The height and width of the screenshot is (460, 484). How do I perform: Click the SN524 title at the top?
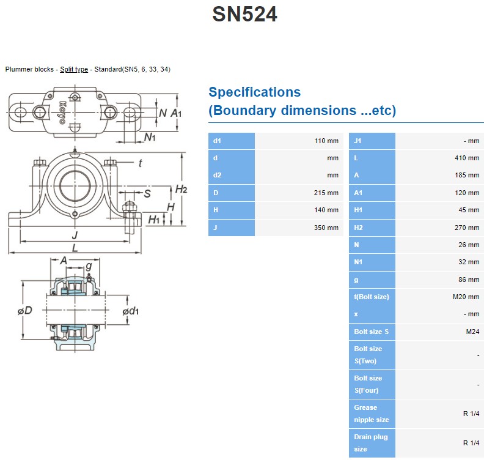tap(244, 13)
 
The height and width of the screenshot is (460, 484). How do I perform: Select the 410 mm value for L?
tap(468, 158)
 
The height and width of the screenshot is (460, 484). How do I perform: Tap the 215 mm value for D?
tap(327, 193)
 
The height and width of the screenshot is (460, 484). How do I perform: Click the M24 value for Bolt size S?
tap(471, 332)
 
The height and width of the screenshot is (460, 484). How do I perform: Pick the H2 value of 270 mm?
tap(468, 228)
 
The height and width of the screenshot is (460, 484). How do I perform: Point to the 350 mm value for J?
tap(327, 228)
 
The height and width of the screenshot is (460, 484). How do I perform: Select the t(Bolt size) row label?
tap(371, 297)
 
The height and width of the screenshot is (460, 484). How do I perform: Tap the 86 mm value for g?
tap(470, 280)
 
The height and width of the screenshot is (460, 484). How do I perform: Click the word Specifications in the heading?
tap(254, 92)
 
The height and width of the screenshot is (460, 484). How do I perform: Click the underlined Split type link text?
tap(74, 69)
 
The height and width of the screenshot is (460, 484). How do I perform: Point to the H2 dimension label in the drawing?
tap(181, 189)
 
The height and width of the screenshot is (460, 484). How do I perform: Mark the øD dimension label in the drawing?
tap(25, 311)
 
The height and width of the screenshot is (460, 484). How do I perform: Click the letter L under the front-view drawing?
tap(75, 248)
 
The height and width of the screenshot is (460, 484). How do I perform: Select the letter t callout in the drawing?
tap(140, 163)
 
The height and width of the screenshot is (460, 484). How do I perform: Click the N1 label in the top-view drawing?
tap(150, 137)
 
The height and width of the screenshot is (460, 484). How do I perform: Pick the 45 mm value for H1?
tap(470, 210)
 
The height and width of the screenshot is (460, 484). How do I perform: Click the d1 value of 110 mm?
tap(326, 141)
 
